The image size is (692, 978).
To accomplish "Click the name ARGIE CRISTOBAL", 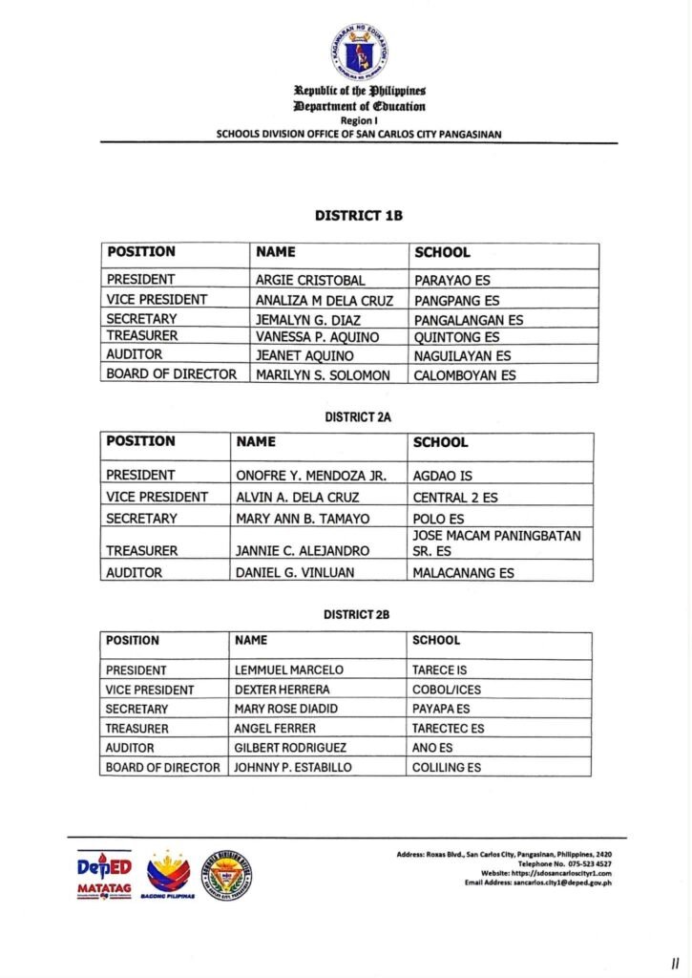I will [x=310, y=281].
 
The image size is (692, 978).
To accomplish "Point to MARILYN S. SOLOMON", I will [x=323, y=375].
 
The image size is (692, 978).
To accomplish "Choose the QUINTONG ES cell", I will [x=456, y=337].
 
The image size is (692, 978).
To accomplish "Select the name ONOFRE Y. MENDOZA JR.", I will [x=310, y=475].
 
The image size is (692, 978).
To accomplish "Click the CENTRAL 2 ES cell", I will [x=455, y=498].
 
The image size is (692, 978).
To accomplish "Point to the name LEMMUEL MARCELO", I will [x=288, y=670].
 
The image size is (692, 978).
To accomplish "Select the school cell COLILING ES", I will [x=447, y=767].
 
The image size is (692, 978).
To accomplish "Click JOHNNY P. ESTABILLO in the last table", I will [x=293, y=767].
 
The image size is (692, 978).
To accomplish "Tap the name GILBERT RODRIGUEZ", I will [x=290, y=748].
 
